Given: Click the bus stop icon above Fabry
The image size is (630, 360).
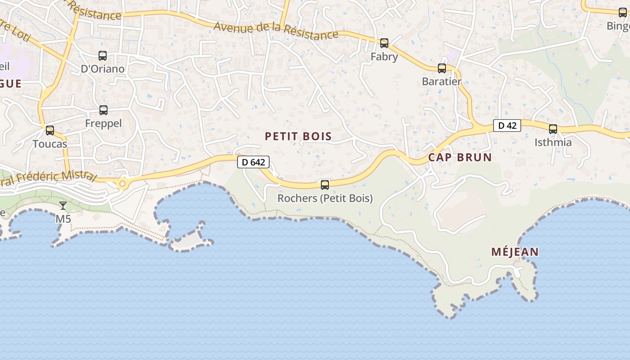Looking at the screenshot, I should (384, 43).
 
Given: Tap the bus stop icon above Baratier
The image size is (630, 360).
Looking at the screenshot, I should (442, 68).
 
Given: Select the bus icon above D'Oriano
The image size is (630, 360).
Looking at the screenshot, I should (103, 56).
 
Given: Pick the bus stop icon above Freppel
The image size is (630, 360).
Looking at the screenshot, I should (103, 110).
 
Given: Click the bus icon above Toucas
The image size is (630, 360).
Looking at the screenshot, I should (50, 130).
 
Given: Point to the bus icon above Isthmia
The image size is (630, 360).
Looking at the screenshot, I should (553, 129).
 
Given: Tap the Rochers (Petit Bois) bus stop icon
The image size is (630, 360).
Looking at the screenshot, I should (324, 185).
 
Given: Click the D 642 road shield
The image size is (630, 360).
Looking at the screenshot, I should (253, 162).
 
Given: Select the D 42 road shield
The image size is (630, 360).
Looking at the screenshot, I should (507, 126).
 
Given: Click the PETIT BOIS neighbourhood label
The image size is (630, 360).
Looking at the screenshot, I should (298, 136).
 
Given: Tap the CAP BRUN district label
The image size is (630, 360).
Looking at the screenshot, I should (460, 157).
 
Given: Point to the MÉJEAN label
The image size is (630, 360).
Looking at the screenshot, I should (515, 252).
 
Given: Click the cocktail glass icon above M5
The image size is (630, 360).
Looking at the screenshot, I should (63, 206).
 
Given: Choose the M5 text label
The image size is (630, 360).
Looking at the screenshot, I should (63, 219).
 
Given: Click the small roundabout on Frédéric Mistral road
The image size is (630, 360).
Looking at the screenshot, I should (122, 184).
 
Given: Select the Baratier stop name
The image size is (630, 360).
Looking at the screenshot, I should (442, 82).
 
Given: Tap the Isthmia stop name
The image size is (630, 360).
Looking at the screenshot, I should (553, 143).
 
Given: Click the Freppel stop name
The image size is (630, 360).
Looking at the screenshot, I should (103, 123).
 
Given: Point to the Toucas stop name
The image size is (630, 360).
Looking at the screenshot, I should (50, 144).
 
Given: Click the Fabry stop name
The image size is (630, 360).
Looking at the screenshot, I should (384, 57).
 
